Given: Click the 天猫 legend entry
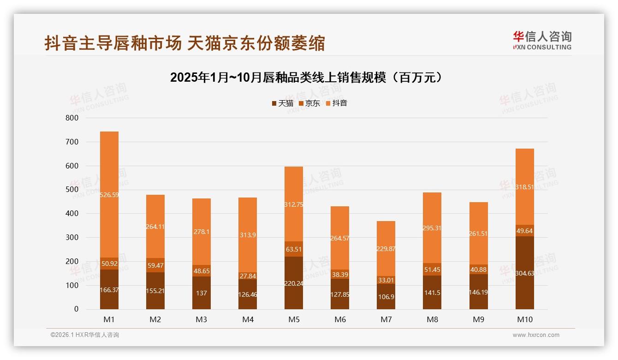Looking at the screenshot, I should pyautogui.click(x=282, y=103).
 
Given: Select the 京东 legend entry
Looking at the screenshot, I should pyautogui.click(x=309, y=103).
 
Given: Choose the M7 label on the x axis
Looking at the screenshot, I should pyautogui.click(x=386, y=319).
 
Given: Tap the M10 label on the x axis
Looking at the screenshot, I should pyautogui.click(x=524, y=319).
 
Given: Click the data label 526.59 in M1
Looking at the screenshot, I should pyautogui.click(x=109, y=195).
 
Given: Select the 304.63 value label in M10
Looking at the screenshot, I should pyautogui.click(x=524, y=286).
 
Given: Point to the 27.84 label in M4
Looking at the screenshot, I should pyautogui.click(x=248, y=276).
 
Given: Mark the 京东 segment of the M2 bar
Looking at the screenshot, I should pyautogui.click(x=155, y=265).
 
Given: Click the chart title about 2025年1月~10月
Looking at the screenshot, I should pyautogui.click(x=307, y=78).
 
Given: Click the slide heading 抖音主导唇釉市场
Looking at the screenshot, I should pyautogui.click(x=184, y=43).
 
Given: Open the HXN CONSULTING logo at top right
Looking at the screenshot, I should pyautogui.click(x=542, y=41).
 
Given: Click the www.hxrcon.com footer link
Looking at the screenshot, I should pyautogui.click(x=536, y=335).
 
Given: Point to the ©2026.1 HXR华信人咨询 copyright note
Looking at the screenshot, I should pyautogui.click(x=85, y=335).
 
